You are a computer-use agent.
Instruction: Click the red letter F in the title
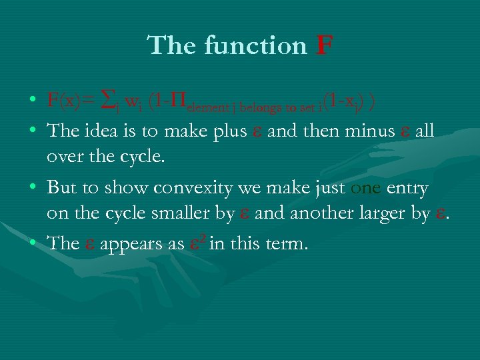[x=323, y=46]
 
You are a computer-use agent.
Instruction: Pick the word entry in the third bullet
[x=407, y=189]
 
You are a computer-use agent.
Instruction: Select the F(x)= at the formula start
[x=70, y=101]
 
